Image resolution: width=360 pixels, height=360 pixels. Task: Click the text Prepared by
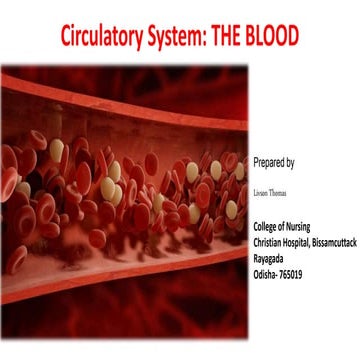click(277, 160)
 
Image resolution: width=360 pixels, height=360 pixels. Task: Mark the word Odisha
click(268, 266)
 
